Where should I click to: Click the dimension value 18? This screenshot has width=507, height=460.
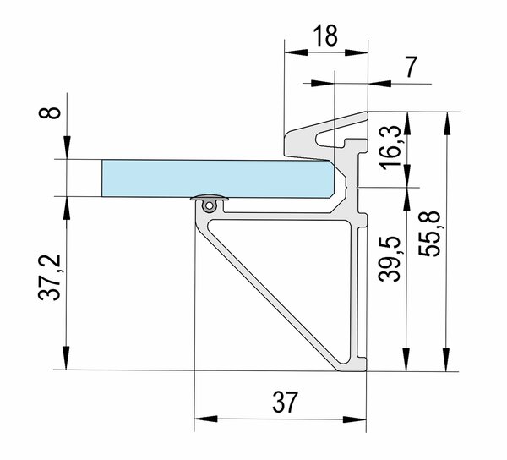(325, 35)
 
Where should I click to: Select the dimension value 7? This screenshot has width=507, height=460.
(411, 68)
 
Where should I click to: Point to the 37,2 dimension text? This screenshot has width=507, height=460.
(50, 277)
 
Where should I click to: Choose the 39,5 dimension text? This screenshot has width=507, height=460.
(390, 259)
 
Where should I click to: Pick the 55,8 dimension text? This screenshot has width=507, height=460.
(429, 233)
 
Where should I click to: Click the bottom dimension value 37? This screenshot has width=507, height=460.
(284, 402)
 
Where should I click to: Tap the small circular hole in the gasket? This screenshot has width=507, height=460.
(210, 205)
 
